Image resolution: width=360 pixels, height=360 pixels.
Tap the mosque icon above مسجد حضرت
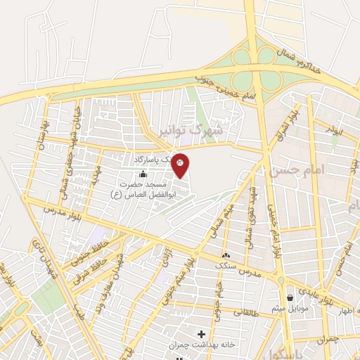tap(143, 174)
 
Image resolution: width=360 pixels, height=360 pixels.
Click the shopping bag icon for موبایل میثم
tap(290, 298)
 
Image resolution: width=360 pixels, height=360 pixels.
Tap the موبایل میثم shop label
tap(288, 309)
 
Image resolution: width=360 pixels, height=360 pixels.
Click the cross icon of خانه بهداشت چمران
tap(202, 333)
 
